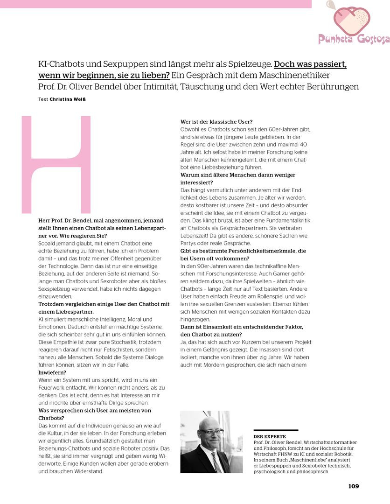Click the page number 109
click(353, 486)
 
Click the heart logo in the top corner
click(351, 18)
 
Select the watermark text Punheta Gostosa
click(354, 39)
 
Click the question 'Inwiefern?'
click(52, 373)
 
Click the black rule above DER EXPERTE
click(275, 430)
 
